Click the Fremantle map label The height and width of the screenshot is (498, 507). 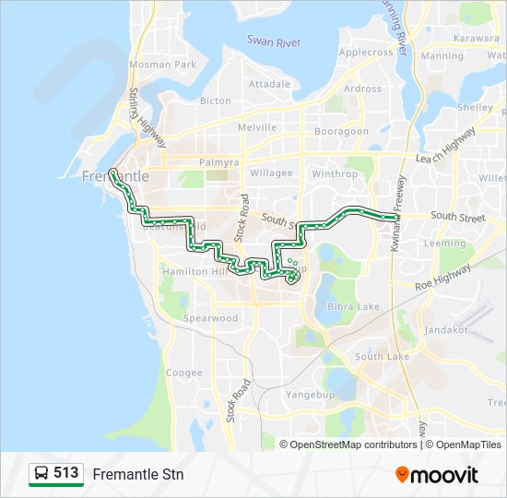(x=114, y=175)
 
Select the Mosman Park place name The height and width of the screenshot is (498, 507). (x=163, y=65)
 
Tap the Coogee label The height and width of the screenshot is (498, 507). (x=183, y=373)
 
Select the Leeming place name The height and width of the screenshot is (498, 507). (x=444, y=244)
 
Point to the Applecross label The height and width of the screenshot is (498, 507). (x=366, y=53)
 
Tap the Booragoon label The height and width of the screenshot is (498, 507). (x=341, y=131)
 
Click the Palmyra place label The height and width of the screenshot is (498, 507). (x=218, y=162)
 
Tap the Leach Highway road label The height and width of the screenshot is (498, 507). (x=446, y=146)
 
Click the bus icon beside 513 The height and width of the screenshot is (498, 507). (x=41, y=474)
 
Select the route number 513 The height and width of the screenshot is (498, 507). (x=65, y=473)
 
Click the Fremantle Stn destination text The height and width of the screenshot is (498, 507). (x=138, y=475)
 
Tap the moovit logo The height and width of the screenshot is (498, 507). (x=437, y=475)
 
